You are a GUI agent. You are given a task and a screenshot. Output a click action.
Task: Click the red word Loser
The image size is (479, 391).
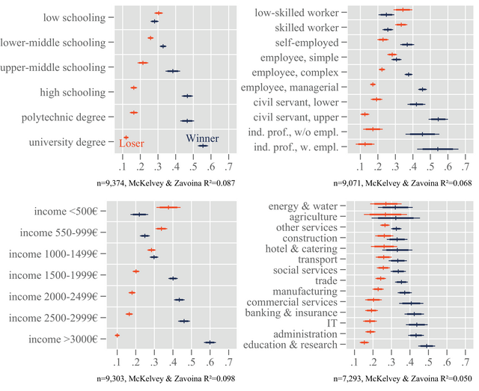click(132, 144)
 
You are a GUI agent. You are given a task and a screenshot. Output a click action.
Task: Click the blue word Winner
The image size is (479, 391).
click(202, 138)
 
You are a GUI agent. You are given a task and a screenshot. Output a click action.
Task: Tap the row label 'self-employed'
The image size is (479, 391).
click(307, 42)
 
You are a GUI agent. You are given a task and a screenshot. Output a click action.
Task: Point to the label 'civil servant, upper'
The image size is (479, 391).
click(296, 117)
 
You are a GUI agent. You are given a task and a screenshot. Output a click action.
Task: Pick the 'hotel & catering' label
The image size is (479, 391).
click(302, 248)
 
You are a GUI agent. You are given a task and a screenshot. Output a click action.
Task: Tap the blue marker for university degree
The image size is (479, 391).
click(202, 146)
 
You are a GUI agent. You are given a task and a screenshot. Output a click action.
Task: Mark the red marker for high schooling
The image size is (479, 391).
click(134, 87)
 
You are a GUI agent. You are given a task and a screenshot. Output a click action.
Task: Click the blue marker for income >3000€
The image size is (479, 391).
click(210, 342)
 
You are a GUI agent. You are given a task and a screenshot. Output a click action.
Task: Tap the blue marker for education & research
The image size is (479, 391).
click(427, 346)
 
